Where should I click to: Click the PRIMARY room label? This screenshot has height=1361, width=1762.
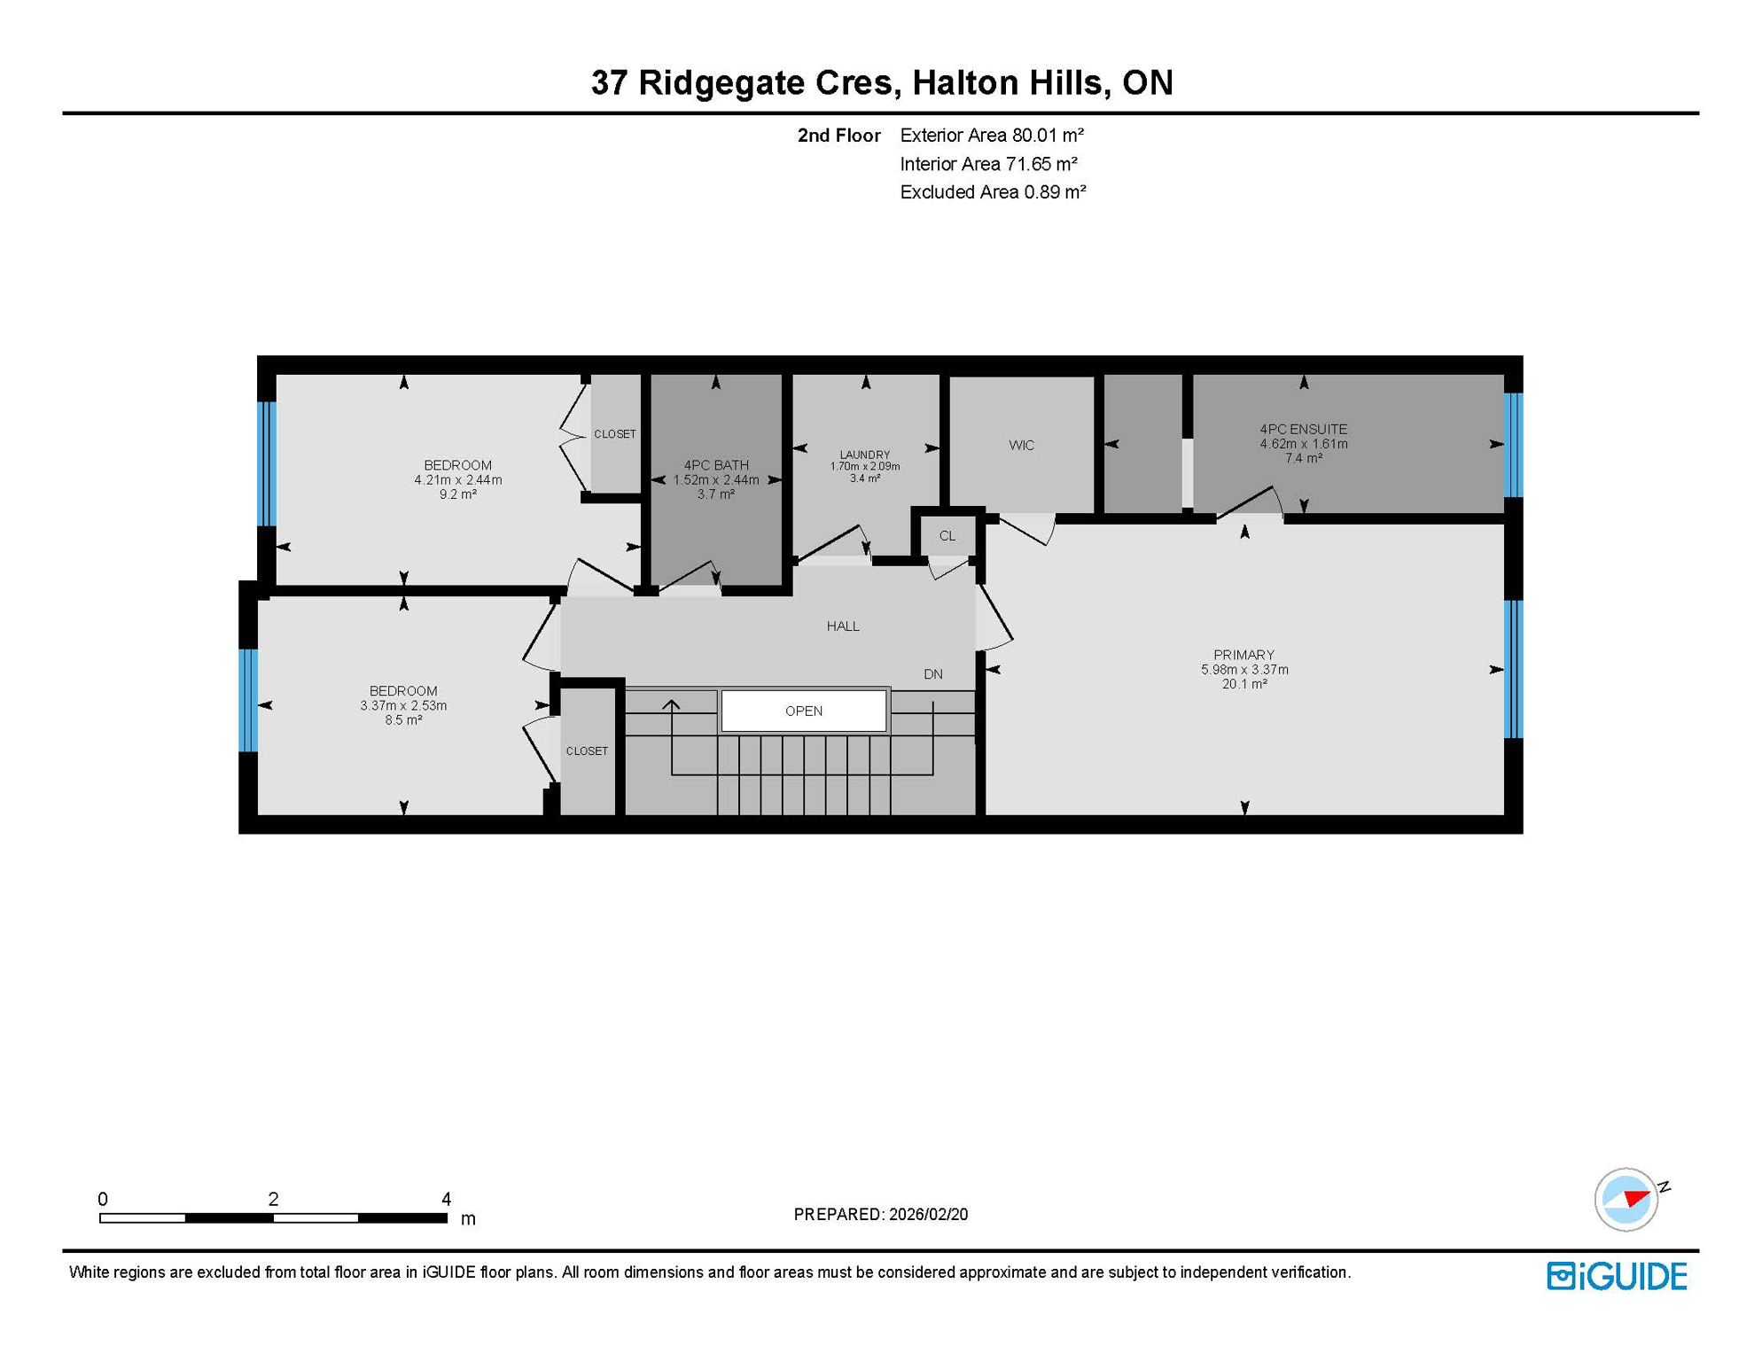(1244, 655)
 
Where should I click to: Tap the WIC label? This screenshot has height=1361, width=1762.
(1021, 445)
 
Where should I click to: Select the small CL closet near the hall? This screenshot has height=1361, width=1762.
(947, 536)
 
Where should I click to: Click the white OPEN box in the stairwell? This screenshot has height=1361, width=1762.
(803, 711)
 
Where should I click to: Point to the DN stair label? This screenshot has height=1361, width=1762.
(932, 674)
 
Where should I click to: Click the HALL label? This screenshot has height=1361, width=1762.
(842, 626)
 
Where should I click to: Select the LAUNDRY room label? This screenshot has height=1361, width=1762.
(864, 455)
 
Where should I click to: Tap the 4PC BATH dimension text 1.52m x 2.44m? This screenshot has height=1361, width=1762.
(715, 480)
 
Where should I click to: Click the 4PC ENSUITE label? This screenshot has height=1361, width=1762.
(1303, 430)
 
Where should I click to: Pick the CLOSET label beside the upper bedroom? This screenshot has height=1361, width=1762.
(614, 434)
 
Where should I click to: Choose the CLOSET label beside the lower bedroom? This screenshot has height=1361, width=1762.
(587, 751)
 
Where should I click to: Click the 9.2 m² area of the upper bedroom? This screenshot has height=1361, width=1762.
(457, 494)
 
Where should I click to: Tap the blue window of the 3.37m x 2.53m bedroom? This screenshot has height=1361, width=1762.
(248, 700)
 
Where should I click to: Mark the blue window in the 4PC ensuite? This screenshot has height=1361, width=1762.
(1513, 445)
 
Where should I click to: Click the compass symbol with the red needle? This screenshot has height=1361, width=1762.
(1626, 1200)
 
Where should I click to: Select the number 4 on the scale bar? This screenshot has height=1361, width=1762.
(446, 1199)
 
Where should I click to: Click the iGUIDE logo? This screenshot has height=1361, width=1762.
(1617, 1276)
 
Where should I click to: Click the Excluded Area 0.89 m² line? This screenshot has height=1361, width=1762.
(992, 192)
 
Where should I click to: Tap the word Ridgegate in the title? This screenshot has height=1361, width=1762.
(765, 82)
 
